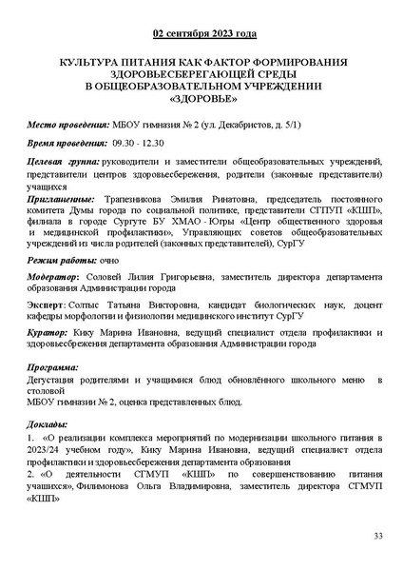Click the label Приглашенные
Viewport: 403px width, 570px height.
coord(61,197)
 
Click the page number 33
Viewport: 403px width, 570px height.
coord(377,538)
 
